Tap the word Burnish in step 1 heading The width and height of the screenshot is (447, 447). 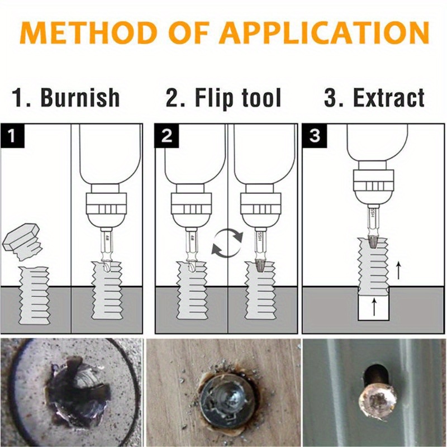[x=80, y=98]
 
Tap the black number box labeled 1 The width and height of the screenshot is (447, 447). [x=13, y=136]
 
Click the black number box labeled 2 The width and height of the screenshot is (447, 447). [x=167, y=136]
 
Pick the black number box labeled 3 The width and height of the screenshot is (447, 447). [x=315, y=136]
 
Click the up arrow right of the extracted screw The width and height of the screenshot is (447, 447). [x=397, y=271]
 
